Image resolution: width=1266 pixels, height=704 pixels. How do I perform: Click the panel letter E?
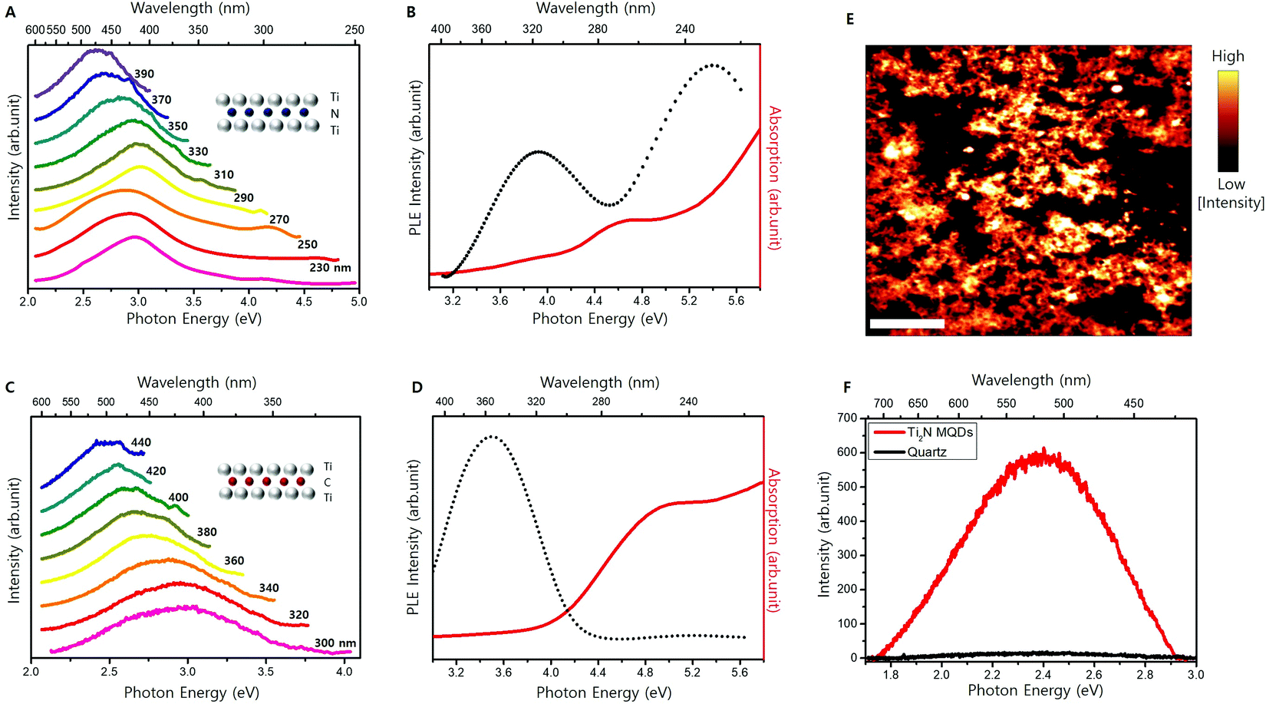point(850,19)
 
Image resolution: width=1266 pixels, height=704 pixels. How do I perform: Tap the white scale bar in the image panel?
point(907,324)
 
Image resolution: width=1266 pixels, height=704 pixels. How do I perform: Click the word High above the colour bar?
point(1228,56)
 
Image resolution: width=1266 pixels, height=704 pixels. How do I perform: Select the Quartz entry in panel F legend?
point(926,451)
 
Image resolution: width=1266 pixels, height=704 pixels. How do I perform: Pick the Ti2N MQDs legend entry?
point(939,432)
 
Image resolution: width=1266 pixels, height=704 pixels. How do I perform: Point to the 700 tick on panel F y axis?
point(847,418)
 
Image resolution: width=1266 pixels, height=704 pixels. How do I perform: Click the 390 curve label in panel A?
point(144,74)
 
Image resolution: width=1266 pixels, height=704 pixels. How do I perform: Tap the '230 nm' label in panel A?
point(330,267)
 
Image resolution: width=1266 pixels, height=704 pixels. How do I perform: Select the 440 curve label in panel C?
point(141,442)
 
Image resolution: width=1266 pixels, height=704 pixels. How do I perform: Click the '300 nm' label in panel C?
point(335,643)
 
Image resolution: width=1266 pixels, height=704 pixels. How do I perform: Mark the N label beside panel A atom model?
point(335,114)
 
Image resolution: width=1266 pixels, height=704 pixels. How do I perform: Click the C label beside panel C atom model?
point(328,482)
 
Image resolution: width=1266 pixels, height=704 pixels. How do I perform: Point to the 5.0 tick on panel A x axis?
point(358,301)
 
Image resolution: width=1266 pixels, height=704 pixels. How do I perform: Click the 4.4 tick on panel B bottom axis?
point(594,300)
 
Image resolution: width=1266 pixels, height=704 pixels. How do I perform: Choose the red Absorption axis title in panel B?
point(773,178)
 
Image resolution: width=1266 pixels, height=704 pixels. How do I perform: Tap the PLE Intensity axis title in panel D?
point(414,537)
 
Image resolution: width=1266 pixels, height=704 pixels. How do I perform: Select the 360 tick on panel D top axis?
point(485,402)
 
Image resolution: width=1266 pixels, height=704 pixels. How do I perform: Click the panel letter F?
point(847,387)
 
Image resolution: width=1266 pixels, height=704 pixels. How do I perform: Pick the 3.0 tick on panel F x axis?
point(1195,674)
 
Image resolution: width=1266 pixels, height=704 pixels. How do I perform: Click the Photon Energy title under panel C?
point(192,692)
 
